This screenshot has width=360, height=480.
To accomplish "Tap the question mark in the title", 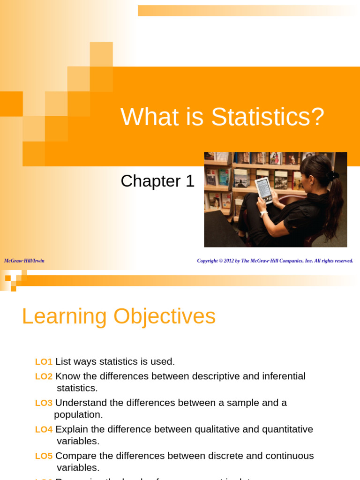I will pyautogui.click(x=318, y=117).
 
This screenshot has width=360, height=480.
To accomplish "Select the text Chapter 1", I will pyautogui.click(x=157, y=181).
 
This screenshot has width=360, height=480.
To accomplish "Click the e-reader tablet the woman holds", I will pyautogui.click(x=264, y=190).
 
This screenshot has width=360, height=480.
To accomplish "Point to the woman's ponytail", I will pyautogui.click(x=336, y=206).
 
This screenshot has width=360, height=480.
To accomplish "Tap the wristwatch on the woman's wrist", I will pyautogui.click(x=263, y=214).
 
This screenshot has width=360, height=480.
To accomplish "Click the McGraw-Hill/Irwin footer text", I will pyautogui.click(x=24, y=261).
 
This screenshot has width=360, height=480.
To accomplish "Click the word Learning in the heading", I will pyautogui.click(x=64, y=316).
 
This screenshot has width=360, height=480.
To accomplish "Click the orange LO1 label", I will pyautogui.click(x=44, y=361).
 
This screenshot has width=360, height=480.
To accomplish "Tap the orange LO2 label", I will pyautogui.click(x=44, y=376).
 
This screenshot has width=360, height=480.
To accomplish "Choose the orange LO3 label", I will pyautogui.click(x=44, y=403).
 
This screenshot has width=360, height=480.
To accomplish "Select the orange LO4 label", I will pyautogui.click(x=44, y=429).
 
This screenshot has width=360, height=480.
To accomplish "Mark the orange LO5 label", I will pyautogui.click(x=44, y=456).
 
